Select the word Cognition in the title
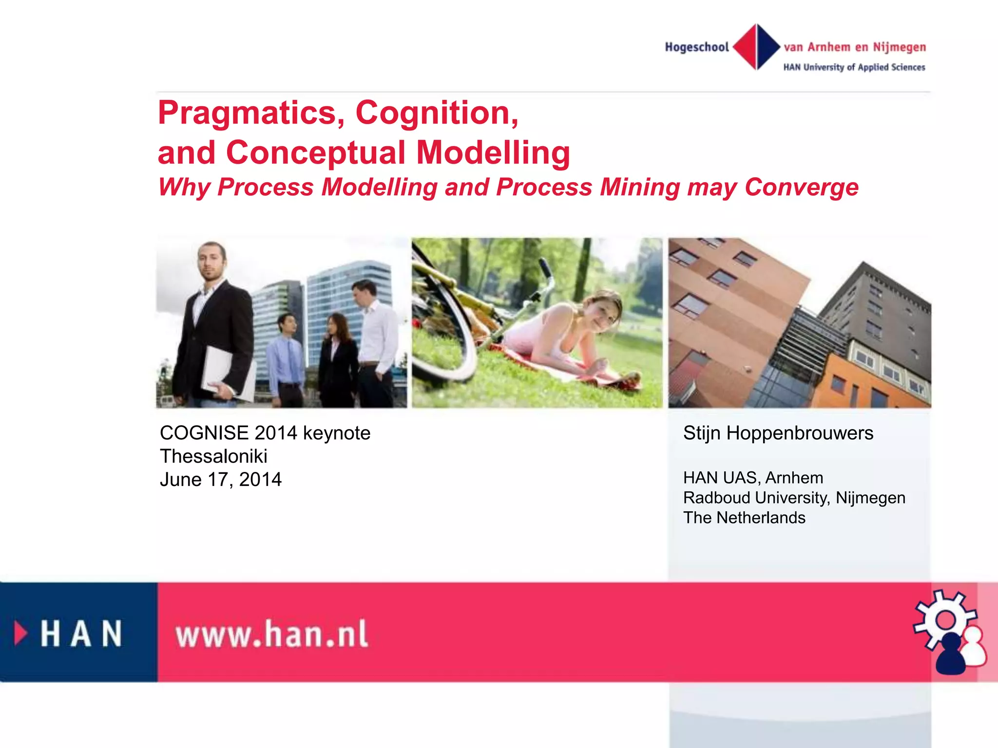coord(437,113)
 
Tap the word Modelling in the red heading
coord(493,153)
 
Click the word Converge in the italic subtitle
coord(801,187)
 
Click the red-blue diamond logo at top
coord(756,47)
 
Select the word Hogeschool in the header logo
coord(697,47)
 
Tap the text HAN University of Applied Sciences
coord(854,67)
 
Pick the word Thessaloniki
coord(213,456)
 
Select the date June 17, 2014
coord(220,480)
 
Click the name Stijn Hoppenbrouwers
coord(778,433)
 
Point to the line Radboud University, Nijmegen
coord(794,498)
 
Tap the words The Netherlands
coord(744,518)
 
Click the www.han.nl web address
coord(271,635)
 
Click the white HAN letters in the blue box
coord(81,634)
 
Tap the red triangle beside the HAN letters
coord(20,634)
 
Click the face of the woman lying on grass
coord(602,312)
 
